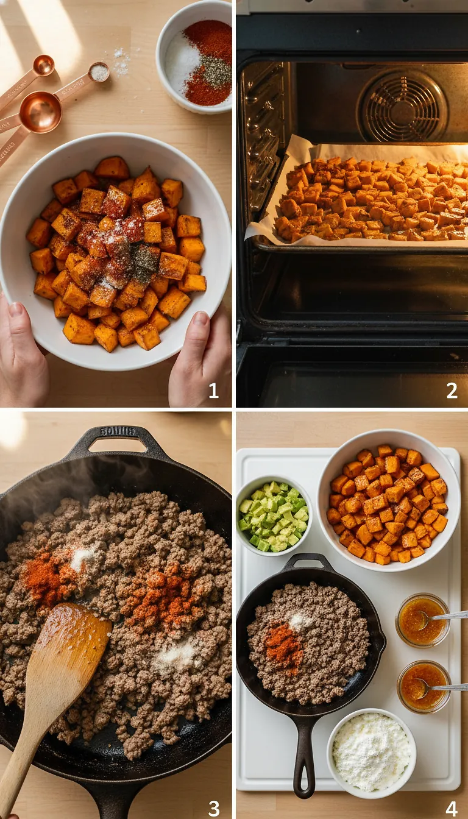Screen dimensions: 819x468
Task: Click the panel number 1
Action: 213,391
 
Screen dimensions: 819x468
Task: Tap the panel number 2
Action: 452,391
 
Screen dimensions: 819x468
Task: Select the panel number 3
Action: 214,808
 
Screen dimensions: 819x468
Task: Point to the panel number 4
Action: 452,808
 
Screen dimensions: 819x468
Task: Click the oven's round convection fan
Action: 403,107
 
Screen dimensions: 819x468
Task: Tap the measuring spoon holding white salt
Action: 99,73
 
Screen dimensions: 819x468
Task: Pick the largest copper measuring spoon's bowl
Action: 40,112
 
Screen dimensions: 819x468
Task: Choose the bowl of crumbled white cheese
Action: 371,753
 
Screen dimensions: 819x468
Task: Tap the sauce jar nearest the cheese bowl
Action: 423,686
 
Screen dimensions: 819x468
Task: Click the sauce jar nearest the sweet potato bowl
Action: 422,620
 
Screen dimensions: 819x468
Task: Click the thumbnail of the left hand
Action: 15,310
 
